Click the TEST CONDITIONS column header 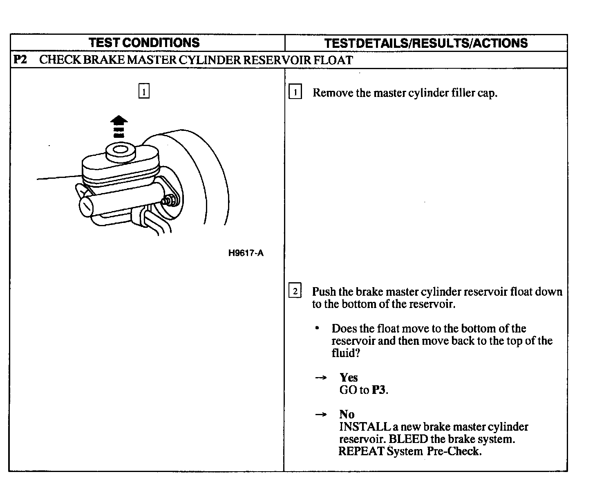(x=144, y=43)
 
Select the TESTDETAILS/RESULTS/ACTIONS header (x=425, y=43)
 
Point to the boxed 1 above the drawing (x=144, y=91)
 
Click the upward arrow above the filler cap (x=119, y=125)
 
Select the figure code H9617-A (x=246, y=253)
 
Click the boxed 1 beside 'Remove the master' (x=295, y=92)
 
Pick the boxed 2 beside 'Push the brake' (x=295, y=292)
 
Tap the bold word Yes (x=348, y=378)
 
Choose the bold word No (x=347, y=414)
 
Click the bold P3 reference (x=378, y=390)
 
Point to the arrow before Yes (x=321, y=378)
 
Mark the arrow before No (x=321, y=415)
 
